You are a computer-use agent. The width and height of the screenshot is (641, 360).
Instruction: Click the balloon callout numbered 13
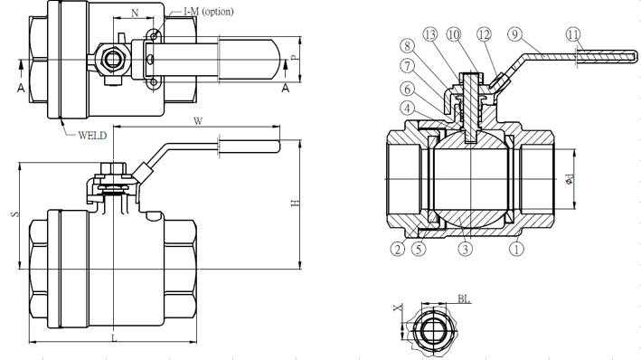(430, 34)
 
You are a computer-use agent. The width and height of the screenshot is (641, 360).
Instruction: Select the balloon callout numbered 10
(453, 34)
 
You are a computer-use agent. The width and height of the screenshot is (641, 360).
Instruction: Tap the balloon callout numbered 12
(484, 34)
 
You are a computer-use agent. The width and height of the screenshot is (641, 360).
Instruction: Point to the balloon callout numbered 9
(515, 34)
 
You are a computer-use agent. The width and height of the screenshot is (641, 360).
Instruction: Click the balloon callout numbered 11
(573, 34)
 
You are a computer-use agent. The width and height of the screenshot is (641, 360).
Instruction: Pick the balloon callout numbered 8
(407, 46)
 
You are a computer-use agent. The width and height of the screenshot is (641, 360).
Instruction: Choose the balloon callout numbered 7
(407, 65)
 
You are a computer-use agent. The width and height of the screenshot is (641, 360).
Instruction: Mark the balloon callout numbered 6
(407, 89)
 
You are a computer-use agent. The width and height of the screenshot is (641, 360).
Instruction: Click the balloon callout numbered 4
(407, 109)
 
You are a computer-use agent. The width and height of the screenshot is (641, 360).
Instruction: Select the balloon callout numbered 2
(398, 249)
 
